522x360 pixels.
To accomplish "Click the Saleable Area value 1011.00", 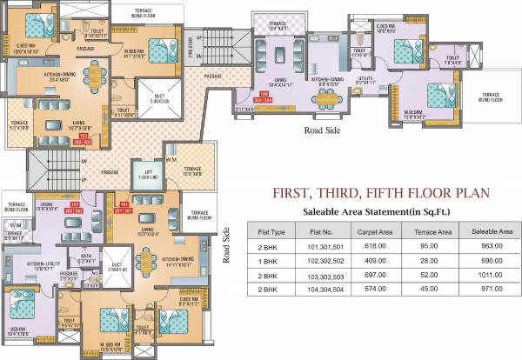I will (x=483, y=272).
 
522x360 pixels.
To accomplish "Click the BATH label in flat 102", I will (x=86, y=256).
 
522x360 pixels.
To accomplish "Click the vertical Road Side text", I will (x=227, y=246).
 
